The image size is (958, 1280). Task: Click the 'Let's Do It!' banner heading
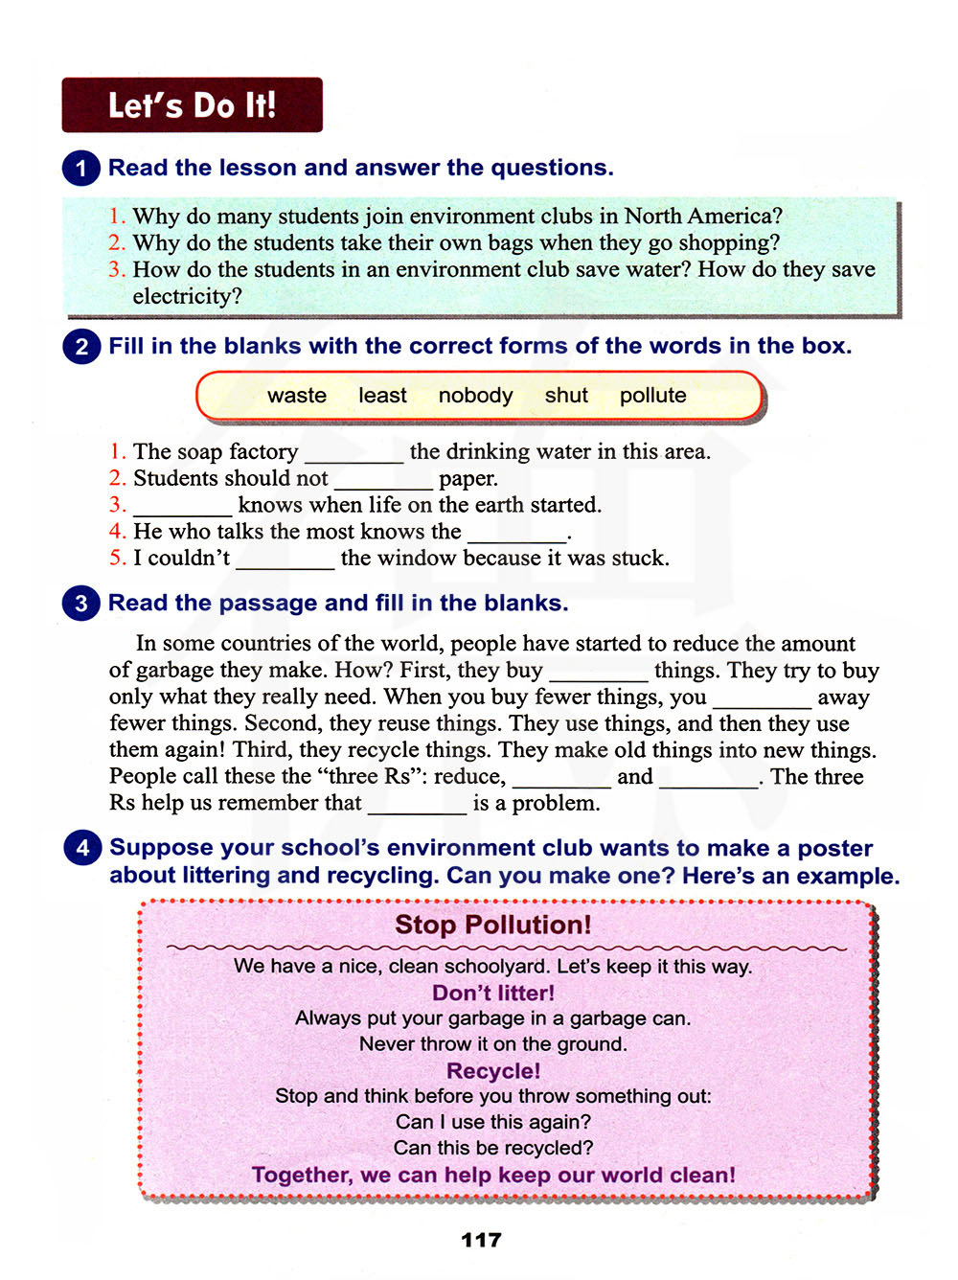(x=192, y=105)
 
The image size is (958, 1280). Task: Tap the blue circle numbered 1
(x=81, y=169)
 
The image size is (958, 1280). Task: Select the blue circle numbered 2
(x=81, y=346)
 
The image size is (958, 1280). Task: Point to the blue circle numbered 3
(x=81, y=604)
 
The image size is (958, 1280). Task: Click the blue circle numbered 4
(x=82, y=848)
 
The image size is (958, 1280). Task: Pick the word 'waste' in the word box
(x=297, y=396)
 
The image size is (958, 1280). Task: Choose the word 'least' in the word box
(x=382, y=396)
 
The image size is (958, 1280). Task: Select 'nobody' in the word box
(x=475, y=396)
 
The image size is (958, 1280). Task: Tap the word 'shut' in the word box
(x=566, y=396)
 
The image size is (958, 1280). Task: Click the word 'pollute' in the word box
(x=652, y=396)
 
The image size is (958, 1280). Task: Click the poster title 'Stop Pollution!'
(x=492, y=925)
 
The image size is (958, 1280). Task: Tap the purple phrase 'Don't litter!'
(x=493, y=993)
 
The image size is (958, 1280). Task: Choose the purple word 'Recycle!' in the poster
(x=493, y=1071)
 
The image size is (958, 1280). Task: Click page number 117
(x=481, y=1240)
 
